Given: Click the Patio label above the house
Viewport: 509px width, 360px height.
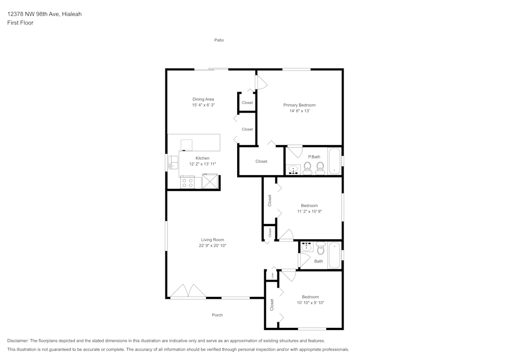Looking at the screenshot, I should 219,40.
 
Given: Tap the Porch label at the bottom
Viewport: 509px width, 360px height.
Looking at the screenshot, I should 217,315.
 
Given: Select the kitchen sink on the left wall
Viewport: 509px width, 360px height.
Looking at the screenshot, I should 174,162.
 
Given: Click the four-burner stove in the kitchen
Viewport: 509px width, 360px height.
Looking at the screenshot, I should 187,182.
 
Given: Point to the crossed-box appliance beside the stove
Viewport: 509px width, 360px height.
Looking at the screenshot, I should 210,181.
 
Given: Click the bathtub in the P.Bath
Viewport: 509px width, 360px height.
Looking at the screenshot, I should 334,161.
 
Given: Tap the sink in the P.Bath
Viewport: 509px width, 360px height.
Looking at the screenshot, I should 293,169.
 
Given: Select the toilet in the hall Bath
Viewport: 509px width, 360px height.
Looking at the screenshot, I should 320,249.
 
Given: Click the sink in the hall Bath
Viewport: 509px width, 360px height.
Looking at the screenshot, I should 306,247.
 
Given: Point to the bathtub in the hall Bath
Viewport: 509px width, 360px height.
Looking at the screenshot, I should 334,255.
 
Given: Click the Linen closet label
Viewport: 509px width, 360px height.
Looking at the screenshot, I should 272,275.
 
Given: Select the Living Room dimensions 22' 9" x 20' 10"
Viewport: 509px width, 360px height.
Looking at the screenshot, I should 212,245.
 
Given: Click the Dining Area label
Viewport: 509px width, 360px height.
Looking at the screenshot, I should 203,99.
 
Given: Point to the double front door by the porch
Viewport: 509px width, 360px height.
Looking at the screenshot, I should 189,292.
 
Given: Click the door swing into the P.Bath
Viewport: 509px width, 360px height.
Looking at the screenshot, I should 294,152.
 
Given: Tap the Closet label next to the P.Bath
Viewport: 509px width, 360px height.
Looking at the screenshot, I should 261,161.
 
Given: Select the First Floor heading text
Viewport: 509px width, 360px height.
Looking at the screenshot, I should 20,23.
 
